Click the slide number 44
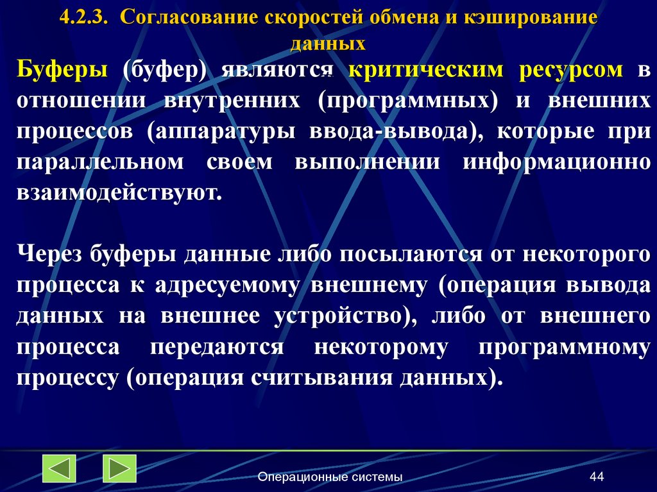tap(597, 477)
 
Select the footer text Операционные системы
tap(330, 477)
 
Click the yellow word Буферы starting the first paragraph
tap(62, 70)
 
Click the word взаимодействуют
tap(119, 192)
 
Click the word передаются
tap(217, 346)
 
